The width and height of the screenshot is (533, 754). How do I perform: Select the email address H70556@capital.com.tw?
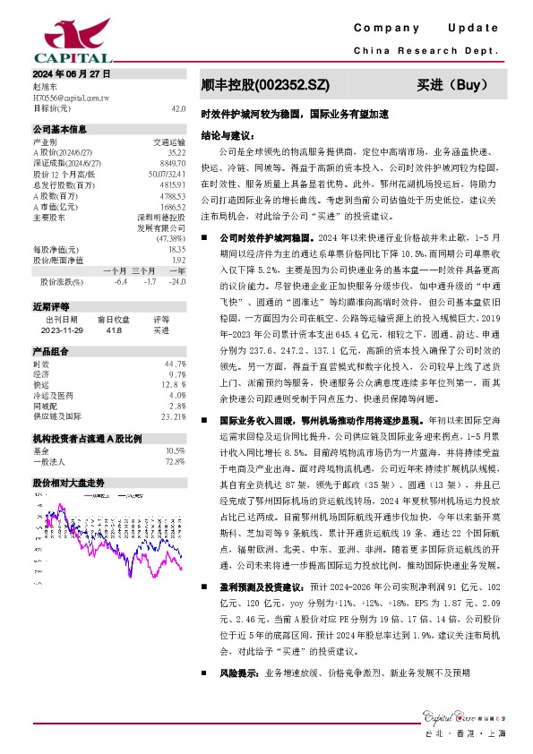71,97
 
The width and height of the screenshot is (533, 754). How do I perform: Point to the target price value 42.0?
178,107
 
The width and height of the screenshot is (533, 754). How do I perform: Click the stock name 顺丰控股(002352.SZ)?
266,86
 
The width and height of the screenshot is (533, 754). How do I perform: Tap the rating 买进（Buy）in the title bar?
451,86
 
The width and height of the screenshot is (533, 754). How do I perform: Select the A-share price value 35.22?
176,152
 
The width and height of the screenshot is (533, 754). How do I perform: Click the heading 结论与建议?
228,136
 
